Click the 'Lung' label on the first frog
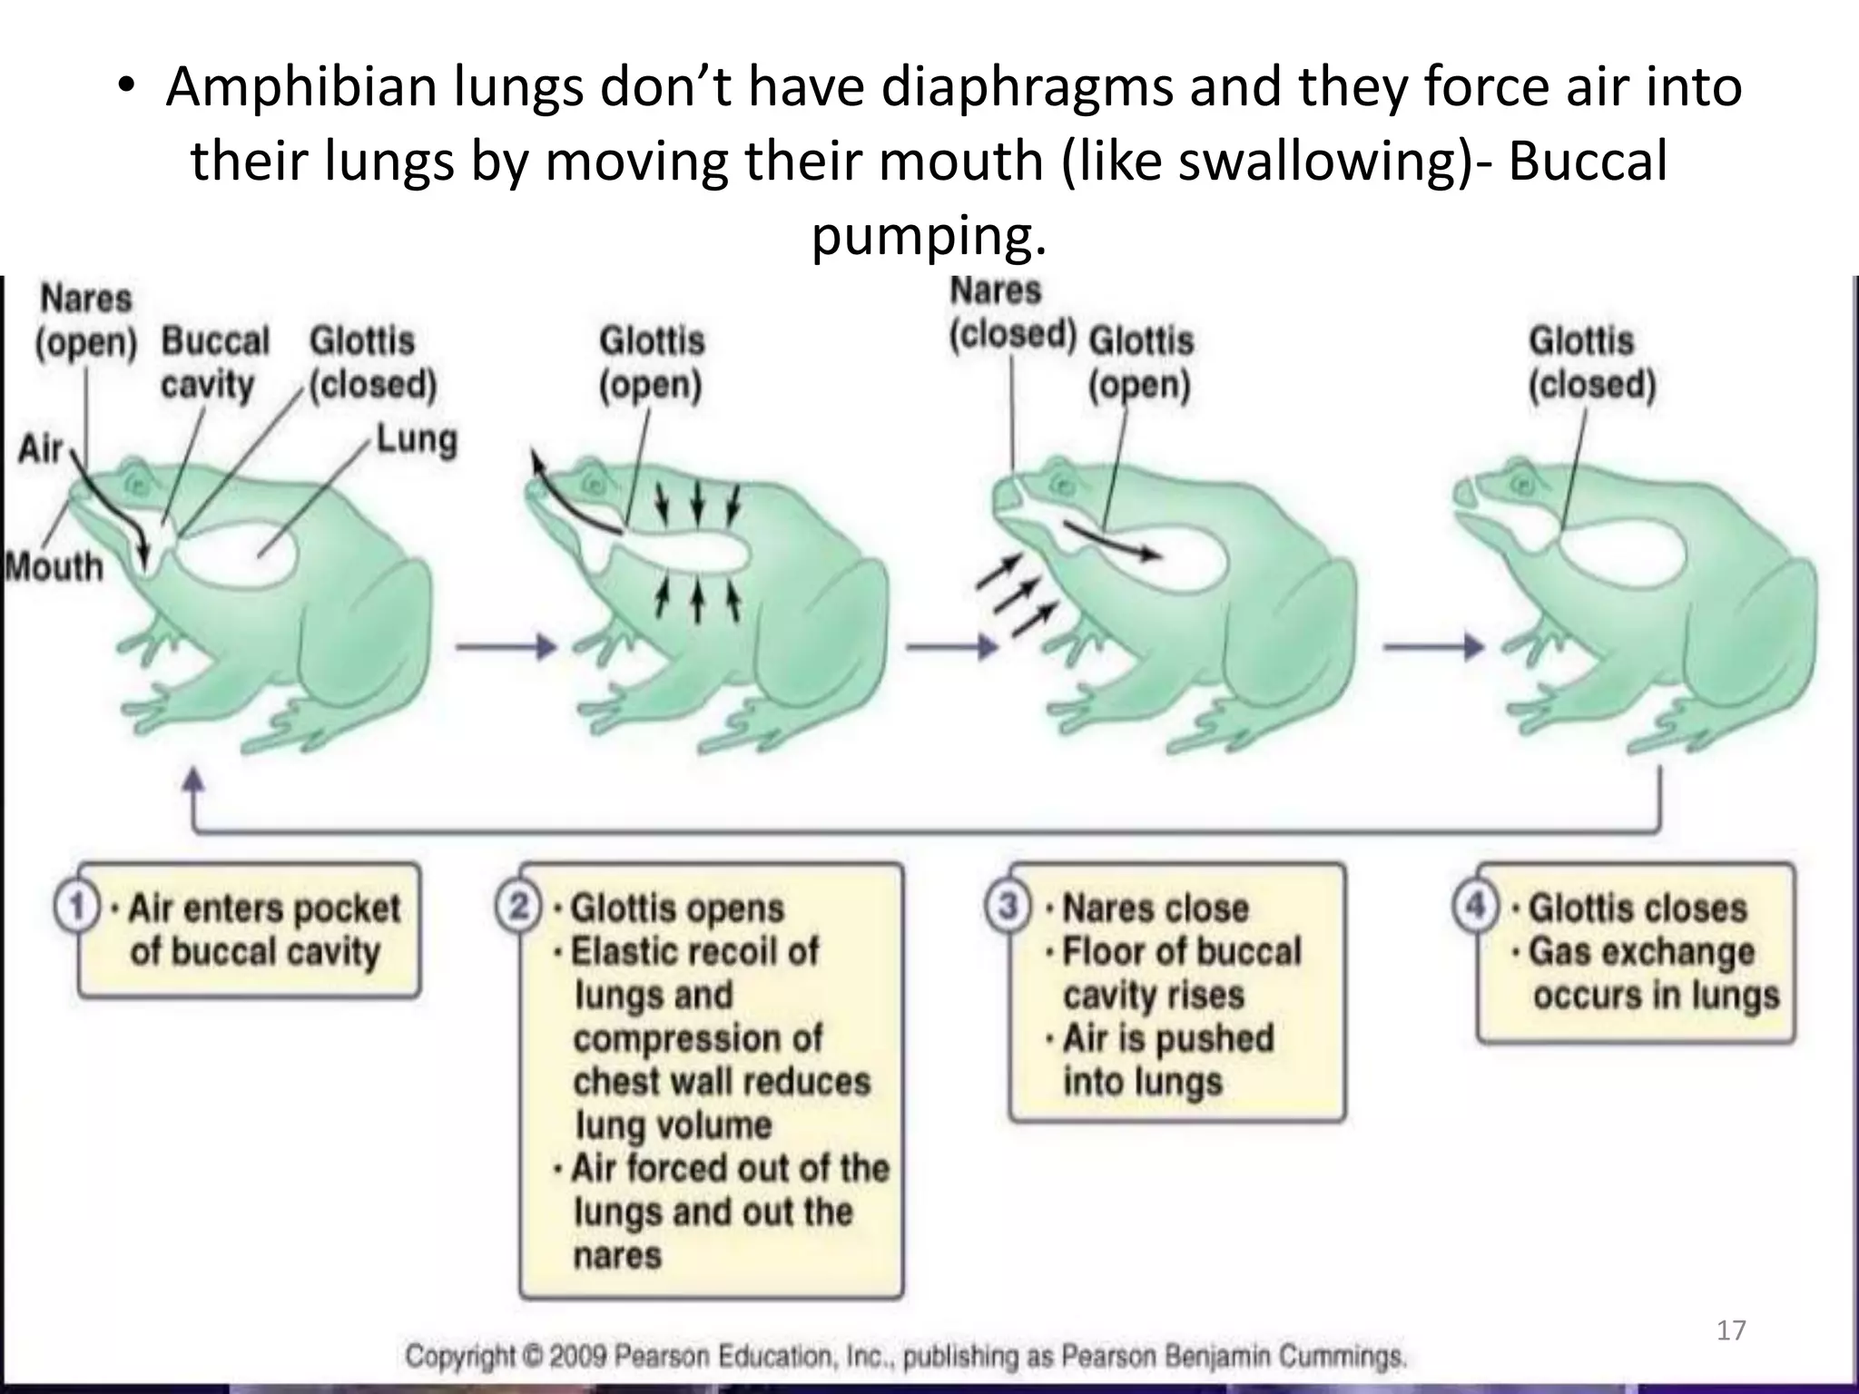click(417, 440)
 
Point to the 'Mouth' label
click(54, 567)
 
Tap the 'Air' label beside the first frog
click(41, 448)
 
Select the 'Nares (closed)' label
click(1011, 313)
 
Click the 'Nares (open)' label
click(86, 320)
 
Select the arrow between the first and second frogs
click(505, 647)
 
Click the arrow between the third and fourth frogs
click(1433, 647)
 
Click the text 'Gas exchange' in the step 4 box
click(1641, 952)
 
